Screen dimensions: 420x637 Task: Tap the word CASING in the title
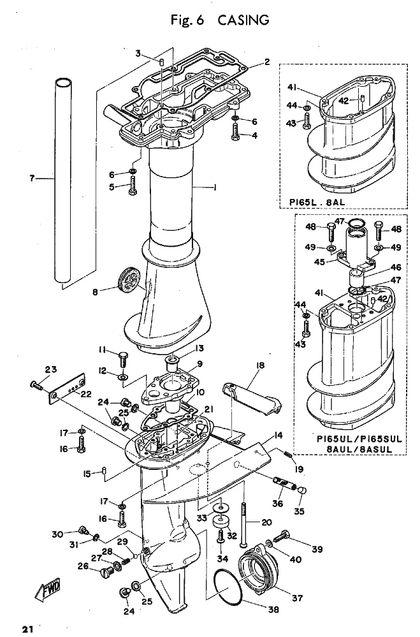point(243,20)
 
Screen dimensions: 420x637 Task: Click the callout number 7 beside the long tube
point(32,178)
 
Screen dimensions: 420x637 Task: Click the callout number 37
point(297,597)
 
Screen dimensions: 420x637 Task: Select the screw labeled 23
point(36,384)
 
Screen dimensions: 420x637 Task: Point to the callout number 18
point(260,365)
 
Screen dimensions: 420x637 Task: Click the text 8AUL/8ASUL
point(359,450)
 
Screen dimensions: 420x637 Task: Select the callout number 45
point(320,262)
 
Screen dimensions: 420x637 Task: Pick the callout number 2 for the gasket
point(267,62)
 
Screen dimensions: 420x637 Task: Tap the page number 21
point(27,629)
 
